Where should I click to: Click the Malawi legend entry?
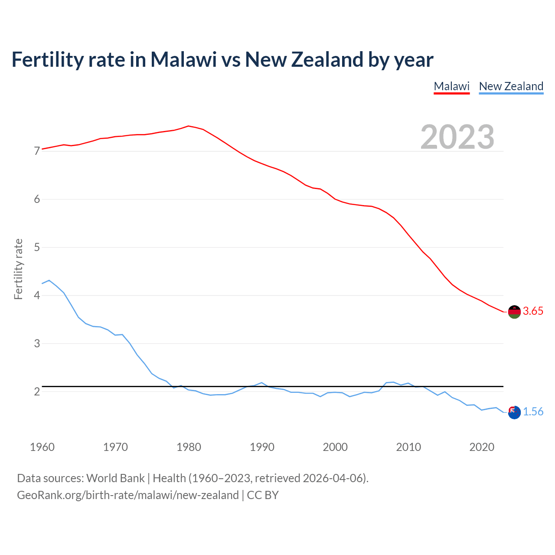(451, 86)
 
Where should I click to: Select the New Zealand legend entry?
(511, 86)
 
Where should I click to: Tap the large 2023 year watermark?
(457, 137)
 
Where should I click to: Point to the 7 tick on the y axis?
(37, 151)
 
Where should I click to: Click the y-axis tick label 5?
(37, 248)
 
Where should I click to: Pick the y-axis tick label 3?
(37, 343)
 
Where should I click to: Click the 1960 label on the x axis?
(42, 447)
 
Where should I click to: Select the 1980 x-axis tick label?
(189, 447)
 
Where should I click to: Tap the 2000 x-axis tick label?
(335, 447)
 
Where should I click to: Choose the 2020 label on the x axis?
(482, 447)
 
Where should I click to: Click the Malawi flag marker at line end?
(514, 312)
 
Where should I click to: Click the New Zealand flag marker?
(514, 412)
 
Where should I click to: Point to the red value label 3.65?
(533, 311)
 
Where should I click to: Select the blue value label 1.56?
(533, 412)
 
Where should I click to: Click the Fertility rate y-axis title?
(18, 269)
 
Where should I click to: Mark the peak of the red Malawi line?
(188, 126)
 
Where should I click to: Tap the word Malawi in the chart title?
(183, 59)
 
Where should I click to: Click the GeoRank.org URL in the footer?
(128, 495)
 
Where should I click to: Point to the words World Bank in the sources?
(115, 478)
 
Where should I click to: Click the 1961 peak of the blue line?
(49, 281)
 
